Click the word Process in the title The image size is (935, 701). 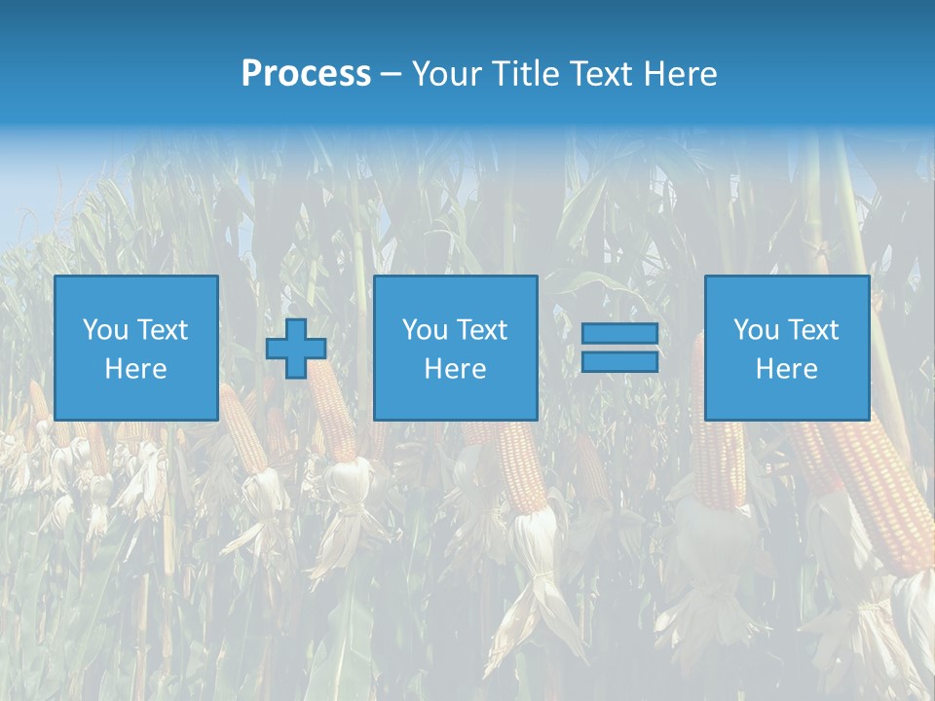coord(306,74)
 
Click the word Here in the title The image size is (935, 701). coord(681,74)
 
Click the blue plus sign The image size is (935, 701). coord(296,349)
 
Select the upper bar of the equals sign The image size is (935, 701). coord(619,334)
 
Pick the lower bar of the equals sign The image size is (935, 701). coord(619,361)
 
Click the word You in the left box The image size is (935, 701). coord(105,330)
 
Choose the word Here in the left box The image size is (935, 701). coord(135,369)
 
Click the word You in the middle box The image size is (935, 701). coord(425,330)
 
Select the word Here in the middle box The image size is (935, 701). coord(455,369)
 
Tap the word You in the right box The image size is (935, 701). coord(756,330)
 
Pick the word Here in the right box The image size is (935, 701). coord(786,369)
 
